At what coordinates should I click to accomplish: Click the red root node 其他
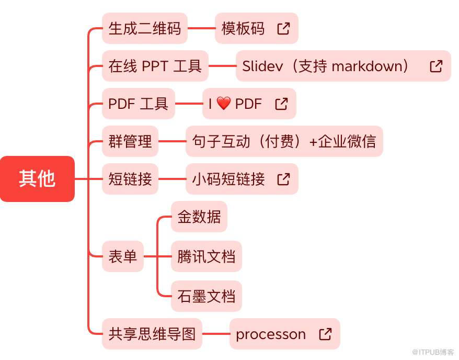pos(37,179)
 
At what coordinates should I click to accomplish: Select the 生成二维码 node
pos(144,28)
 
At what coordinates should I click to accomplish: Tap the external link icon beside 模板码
pos(283,28)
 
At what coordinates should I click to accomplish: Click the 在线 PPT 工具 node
pos(155,66)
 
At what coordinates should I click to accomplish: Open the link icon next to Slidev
pos(436,66)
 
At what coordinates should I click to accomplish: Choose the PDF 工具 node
pos(138,104)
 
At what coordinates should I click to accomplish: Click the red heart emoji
pos(223,104)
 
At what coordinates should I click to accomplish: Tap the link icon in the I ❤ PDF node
pos(281,104)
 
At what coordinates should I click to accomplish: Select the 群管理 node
pos(130,141)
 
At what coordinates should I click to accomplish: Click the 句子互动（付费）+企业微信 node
pos(284,141)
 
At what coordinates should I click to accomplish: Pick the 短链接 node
pos(130,179)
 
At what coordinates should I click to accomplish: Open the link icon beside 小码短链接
pos(283,179)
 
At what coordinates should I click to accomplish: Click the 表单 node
pos(122,256)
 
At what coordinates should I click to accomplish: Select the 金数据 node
pos(199,217)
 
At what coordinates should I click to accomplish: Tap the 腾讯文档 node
pos(206,256)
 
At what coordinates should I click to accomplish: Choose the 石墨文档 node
pos(206,296)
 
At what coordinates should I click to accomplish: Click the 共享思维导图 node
pos(152,334)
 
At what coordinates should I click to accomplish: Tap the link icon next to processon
pos(325,334)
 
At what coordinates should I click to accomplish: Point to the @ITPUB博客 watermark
pos(433,353)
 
